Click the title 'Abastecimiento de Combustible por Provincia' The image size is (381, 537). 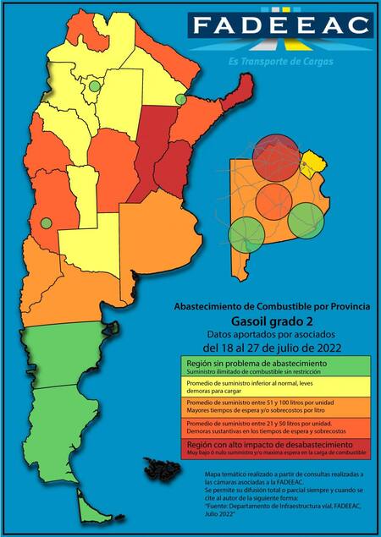(x=271, y=306)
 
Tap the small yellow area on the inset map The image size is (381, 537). (x=314, y=159)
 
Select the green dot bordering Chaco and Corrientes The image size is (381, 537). (x=180, y=100)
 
